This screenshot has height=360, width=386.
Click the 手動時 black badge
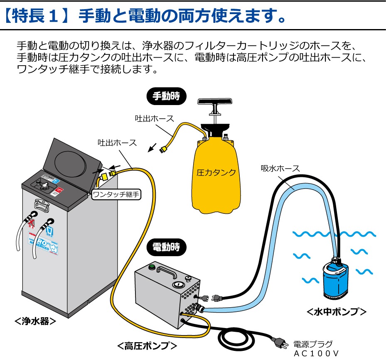point(167,96)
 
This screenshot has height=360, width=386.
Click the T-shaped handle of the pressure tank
point(215,103)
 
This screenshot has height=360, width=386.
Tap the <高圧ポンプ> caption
point(147,345)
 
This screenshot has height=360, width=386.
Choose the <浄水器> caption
point(35,321)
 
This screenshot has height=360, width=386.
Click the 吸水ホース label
point(280,168)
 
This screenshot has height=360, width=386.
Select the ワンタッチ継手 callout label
point(116,194)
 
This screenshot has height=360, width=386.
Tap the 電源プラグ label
point(313,344)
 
